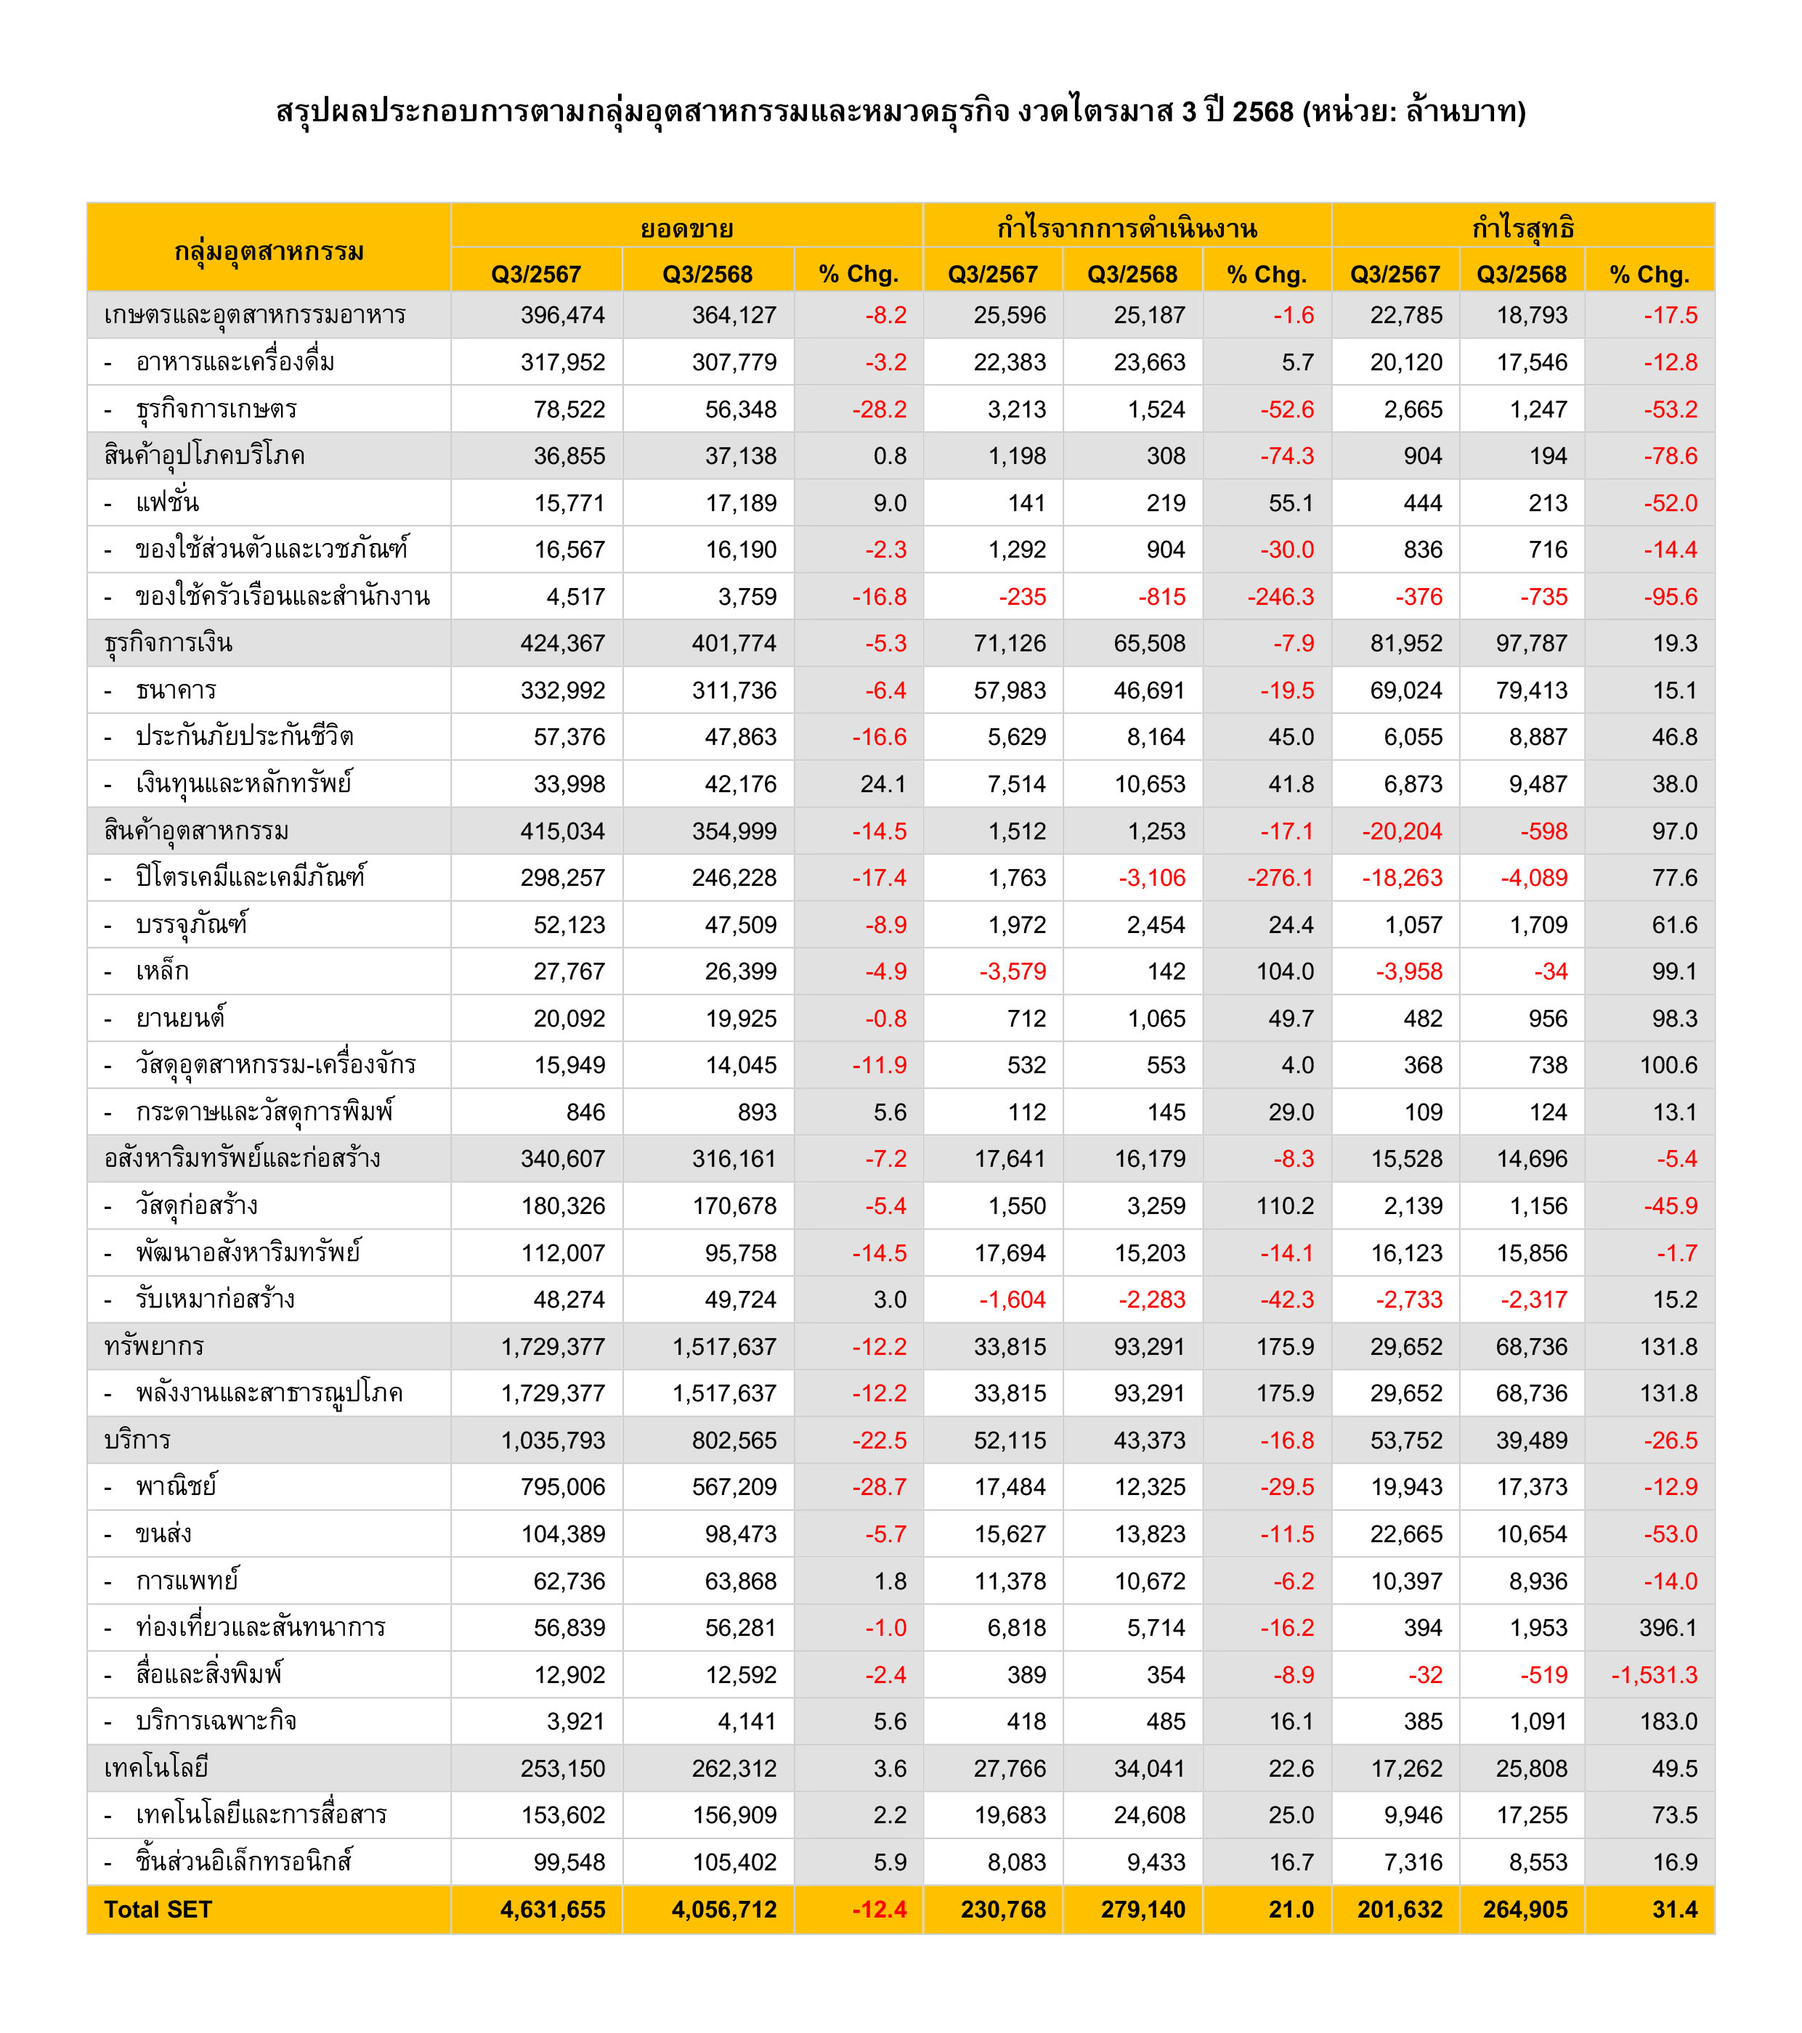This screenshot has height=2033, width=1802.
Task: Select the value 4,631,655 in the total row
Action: [x=552, y=1909]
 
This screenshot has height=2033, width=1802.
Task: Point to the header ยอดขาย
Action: [x=686, y=228]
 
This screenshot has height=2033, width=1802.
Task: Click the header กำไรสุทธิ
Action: [x=1522, y=228]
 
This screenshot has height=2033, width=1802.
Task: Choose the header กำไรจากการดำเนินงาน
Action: [x=1127, y=228]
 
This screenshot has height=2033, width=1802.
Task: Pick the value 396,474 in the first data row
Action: [x=562, y=315]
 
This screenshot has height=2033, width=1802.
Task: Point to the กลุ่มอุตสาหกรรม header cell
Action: [x=269, y=250]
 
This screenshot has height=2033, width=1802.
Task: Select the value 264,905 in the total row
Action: [x=1525, y=1909]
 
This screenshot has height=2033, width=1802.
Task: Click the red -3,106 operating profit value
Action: [x=1151, y=877]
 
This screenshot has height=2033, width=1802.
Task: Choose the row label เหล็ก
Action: [x=162, y=971]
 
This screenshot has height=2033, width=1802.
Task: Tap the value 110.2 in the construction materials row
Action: [x=1285, y=1205]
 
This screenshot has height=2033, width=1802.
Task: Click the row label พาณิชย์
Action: [x=176, y=1487]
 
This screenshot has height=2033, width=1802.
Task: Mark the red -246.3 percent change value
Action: [x=1280, y=597]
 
